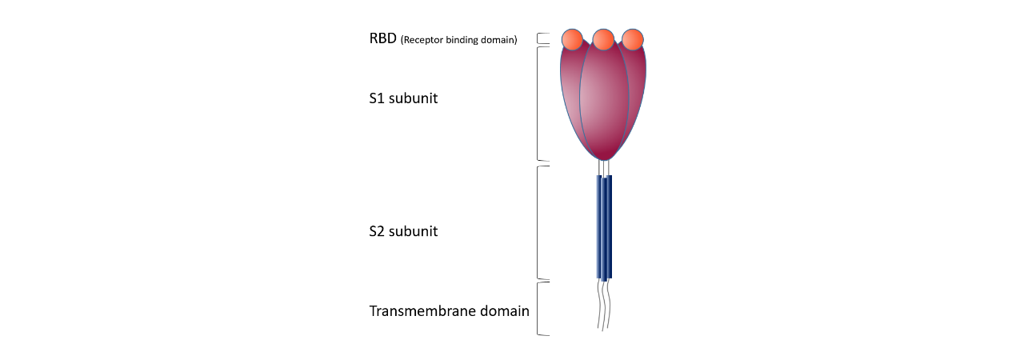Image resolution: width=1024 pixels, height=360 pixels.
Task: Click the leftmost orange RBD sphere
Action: (572, 39)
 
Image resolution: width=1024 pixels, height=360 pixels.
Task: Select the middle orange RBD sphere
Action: (603, 39)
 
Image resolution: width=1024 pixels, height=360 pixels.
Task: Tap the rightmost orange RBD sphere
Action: (633, 39)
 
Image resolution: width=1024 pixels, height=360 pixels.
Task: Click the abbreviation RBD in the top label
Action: (382, 38)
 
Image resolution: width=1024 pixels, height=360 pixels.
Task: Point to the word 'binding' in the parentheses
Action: (462, 40)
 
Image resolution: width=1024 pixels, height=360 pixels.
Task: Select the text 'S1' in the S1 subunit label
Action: (377, 98)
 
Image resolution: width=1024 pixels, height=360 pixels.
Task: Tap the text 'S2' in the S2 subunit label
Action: (377, 231)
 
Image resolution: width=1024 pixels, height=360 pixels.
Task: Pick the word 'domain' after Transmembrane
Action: (505, 310)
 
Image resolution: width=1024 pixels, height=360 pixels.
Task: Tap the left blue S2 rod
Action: (599, 226)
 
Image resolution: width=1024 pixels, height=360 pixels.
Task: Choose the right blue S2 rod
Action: (610, 226)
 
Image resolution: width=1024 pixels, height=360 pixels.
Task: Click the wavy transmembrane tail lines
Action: (604, 304)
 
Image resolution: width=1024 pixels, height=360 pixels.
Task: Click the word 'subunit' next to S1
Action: (414, 98)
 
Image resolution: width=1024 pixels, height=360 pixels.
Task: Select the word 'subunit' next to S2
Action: (414, 231)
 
